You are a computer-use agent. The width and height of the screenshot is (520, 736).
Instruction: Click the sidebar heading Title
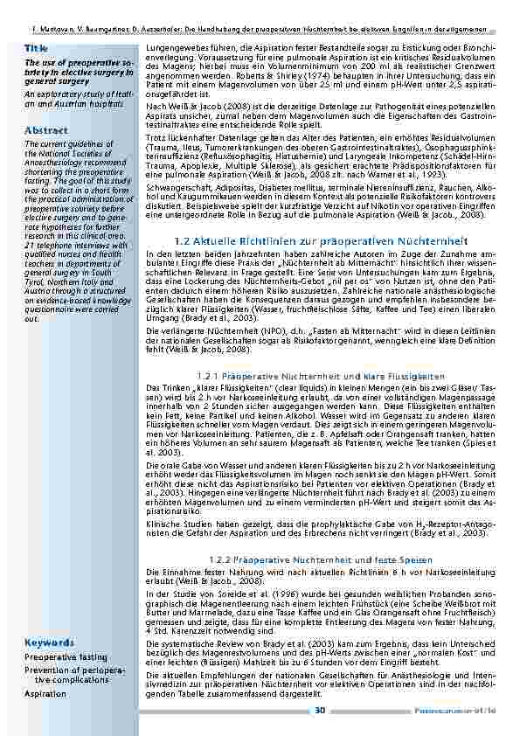[x=36, y=47]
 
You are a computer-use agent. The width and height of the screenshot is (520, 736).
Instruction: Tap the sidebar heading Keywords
[x=49, y=642]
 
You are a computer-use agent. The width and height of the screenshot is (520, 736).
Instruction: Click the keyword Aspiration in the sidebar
[x=45, y=693]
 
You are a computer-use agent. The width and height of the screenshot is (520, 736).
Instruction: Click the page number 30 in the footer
[x=320, y=709]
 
